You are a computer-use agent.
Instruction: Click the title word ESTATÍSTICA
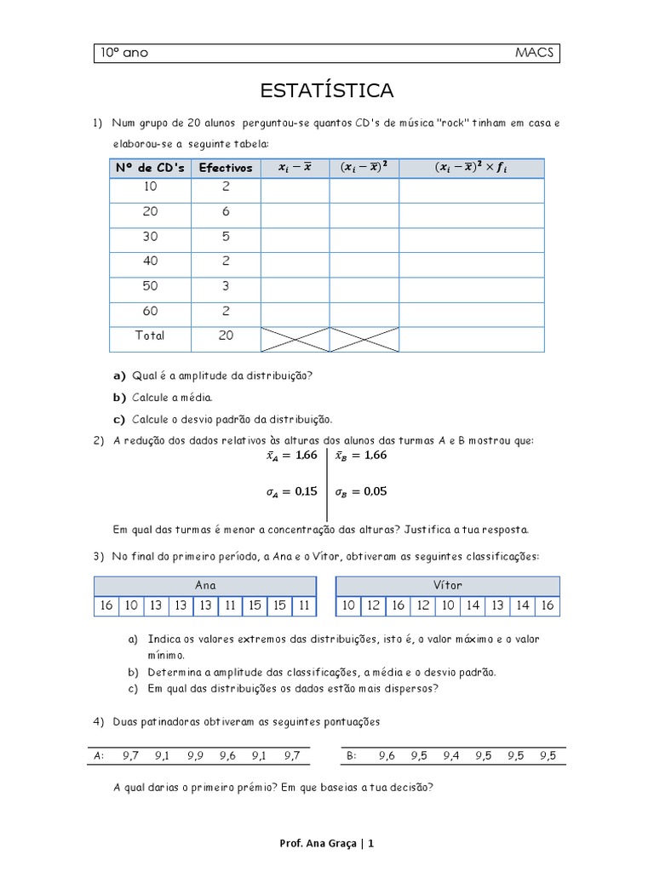pos(327,90)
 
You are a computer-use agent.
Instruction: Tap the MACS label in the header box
pos(534,53)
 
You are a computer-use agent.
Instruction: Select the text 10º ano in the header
pos(124,53)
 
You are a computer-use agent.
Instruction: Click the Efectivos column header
pos(226,168)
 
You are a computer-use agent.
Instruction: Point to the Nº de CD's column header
pos(150,168)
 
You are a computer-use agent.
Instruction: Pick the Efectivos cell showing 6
pos(226,211)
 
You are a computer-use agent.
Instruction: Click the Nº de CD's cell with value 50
pos(150,286)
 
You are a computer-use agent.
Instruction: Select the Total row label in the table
pos(150,336)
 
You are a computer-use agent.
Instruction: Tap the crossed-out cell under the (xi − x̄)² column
pos(364,339)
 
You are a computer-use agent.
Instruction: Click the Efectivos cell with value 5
pos(226,237)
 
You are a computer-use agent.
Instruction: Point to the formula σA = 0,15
pos(292,491)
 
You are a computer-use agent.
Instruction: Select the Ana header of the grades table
pos(205,586)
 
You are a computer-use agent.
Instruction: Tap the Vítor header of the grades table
pos(448,586)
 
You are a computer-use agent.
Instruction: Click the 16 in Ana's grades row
pos(106,605)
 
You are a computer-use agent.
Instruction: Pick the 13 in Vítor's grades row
pos(497,605)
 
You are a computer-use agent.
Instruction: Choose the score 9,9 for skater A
pos(195,755)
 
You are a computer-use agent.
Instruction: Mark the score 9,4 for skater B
pos(451,755)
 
